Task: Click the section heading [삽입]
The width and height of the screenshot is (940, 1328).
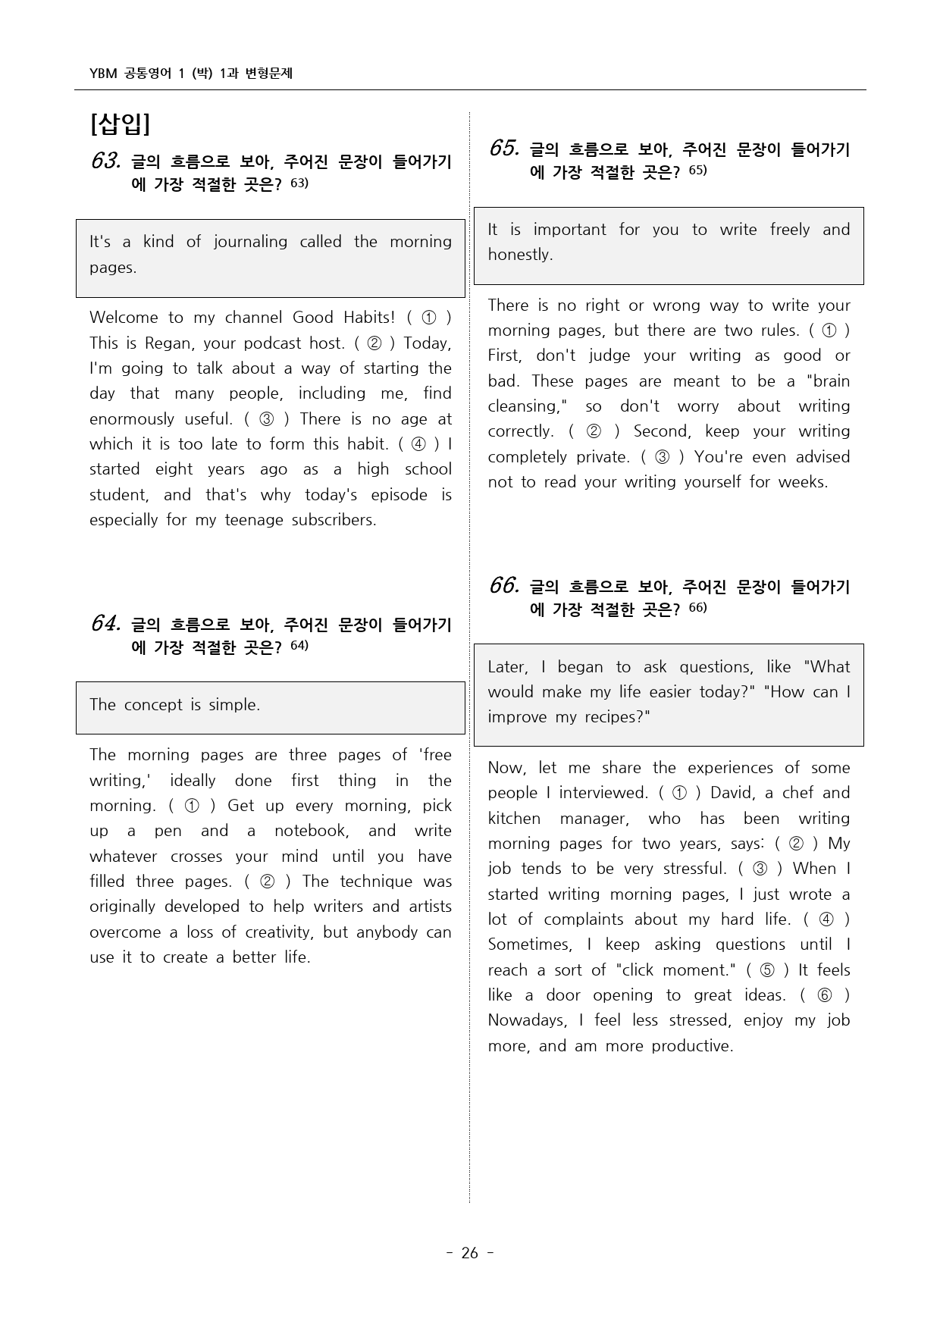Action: pos(120,124)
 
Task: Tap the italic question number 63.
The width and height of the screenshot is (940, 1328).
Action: pos(105,161)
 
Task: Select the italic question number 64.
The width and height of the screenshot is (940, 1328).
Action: pos(105,623)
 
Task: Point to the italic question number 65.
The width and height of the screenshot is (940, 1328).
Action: pos(503,149)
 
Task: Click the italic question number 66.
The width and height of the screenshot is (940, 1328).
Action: pos(503,585)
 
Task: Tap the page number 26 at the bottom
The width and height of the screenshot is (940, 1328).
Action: pos(470,1253)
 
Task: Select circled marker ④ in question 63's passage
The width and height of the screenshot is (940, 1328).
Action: pos(418,444)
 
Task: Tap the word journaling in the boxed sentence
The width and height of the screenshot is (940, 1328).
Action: pos(250,242)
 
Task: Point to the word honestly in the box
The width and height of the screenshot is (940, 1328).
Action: pos(520,255)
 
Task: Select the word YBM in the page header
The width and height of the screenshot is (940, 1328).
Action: pos(103,74)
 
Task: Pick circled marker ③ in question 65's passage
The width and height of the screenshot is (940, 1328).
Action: pos(662,457)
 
